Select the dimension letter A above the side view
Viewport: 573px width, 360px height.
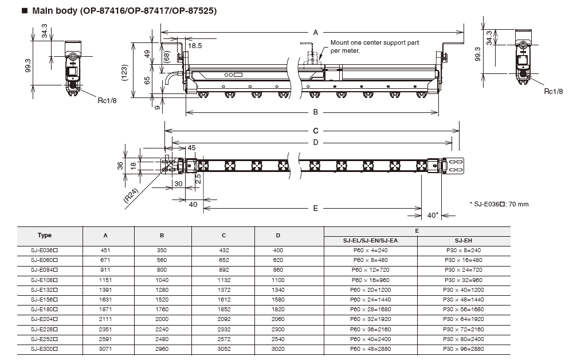pos(315,33)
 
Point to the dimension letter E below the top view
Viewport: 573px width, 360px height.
pos(315,209)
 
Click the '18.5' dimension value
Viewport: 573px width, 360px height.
pos(195,45)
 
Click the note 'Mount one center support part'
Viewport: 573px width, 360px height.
pos(375,43)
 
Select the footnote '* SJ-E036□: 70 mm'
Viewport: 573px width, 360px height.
pos(499,204)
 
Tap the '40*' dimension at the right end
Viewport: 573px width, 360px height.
pos(433,215)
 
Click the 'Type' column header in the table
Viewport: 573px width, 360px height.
pos(45,235)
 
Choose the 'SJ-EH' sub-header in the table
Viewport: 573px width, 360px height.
pos(463,240)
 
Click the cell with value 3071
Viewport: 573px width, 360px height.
pos(105,348)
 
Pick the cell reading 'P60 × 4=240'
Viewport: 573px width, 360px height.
pos(371,249)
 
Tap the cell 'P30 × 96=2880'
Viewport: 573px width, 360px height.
pos(464,348)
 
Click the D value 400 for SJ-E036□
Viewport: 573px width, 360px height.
pos(278,249)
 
